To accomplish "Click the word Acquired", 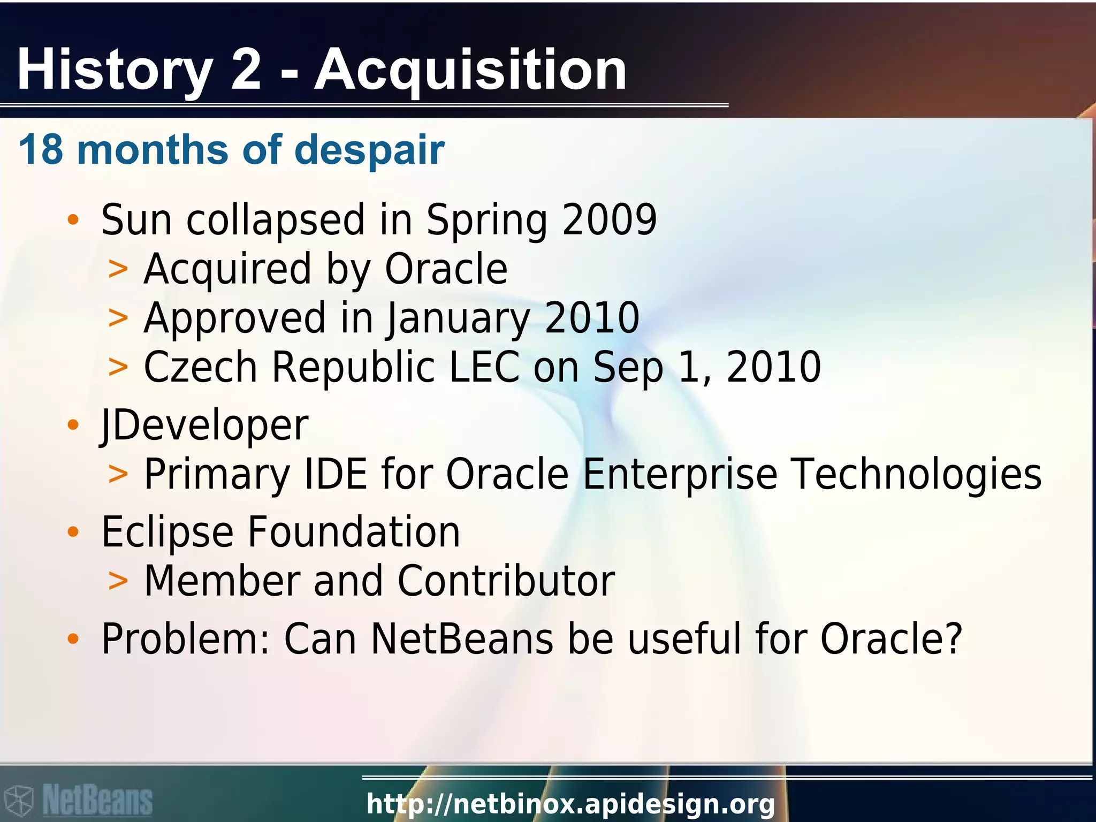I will (227, 269).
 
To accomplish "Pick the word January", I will (458, 318).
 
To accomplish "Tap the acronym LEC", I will (484, 367).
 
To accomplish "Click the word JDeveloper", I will (205, 425).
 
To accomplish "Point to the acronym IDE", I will (336, 474).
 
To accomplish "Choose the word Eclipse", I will (168, 532).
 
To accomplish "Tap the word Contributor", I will (506, 581).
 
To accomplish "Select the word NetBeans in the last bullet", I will (462, 639).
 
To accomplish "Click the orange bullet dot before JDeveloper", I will (73, 425).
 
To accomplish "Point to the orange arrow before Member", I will (118, 581).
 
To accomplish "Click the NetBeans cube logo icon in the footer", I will (19, 801).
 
